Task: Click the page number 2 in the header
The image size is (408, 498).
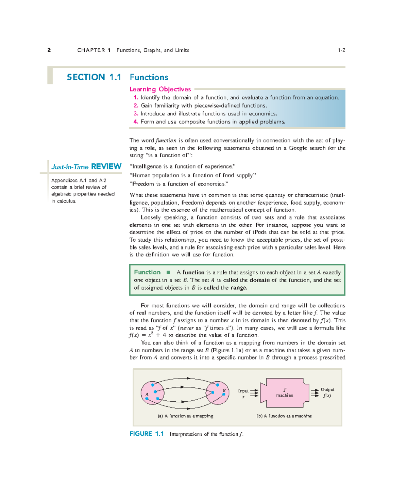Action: click(x=49, y=50)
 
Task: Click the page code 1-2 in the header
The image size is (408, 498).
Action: click(x=341, y=50)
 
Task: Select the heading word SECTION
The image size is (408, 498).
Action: click(x=86, y=77)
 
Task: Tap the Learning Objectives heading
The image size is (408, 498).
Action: click(x=160, y=89)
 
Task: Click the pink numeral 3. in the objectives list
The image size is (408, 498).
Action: click(x=136, y=114)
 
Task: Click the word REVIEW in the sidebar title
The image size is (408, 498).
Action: click(x=106, y=166)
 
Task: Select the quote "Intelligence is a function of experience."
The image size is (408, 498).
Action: click(x=183, y=166)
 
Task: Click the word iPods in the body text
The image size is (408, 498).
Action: click(x=259, y=232)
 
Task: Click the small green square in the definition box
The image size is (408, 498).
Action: click(x=168, y=272)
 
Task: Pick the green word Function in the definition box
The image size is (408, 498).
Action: click(x=147, y=272)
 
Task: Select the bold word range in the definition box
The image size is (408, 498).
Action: click(x=238, y=288)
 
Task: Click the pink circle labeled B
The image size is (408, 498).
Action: click(x=218, y=393)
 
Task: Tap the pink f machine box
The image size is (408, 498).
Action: click(x=285, y=392)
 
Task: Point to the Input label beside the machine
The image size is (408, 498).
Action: click(x=243, y=391)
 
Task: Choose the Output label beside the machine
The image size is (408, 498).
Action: click(x=327, y=390)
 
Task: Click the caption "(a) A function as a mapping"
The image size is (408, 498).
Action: click(x=185, y=416)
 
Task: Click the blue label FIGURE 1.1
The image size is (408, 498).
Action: click(x=147, y=434)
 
